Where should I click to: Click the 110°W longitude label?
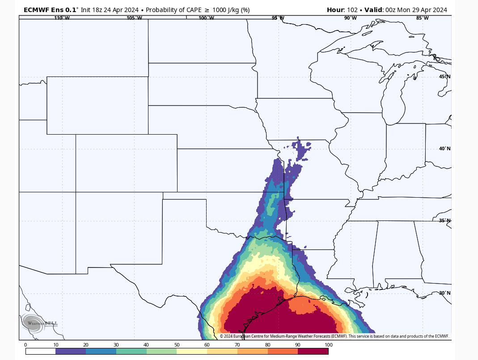(x=62, y=18)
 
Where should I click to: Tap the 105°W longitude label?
(x=134, y=18)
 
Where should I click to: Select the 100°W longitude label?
(x=206, y=18)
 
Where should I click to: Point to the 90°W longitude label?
(x=350, y=18)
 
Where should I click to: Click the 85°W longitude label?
(x=422, y=18)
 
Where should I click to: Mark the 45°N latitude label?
(x=444, y=76)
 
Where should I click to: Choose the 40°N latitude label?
(x=444, y=148)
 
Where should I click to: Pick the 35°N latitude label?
(x=444, y=220)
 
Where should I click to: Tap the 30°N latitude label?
(x=444, y=293)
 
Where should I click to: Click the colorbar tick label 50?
(x=177, y=345)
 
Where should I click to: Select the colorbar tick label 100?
(x=328, y=345)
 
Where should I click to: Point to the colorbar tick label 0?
(x=25, y=345)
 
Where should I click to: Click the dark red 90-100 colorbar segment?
(x=313, y=352)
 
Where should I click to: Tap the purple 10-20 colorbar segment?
(x=71, y=352)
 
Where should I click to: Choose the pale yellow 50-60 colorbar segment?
(x=192, y=352)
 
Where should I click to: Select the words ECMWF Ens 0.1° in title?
(x=51, y=10)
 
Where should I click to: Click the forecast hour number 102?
(x=352, y=10)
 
